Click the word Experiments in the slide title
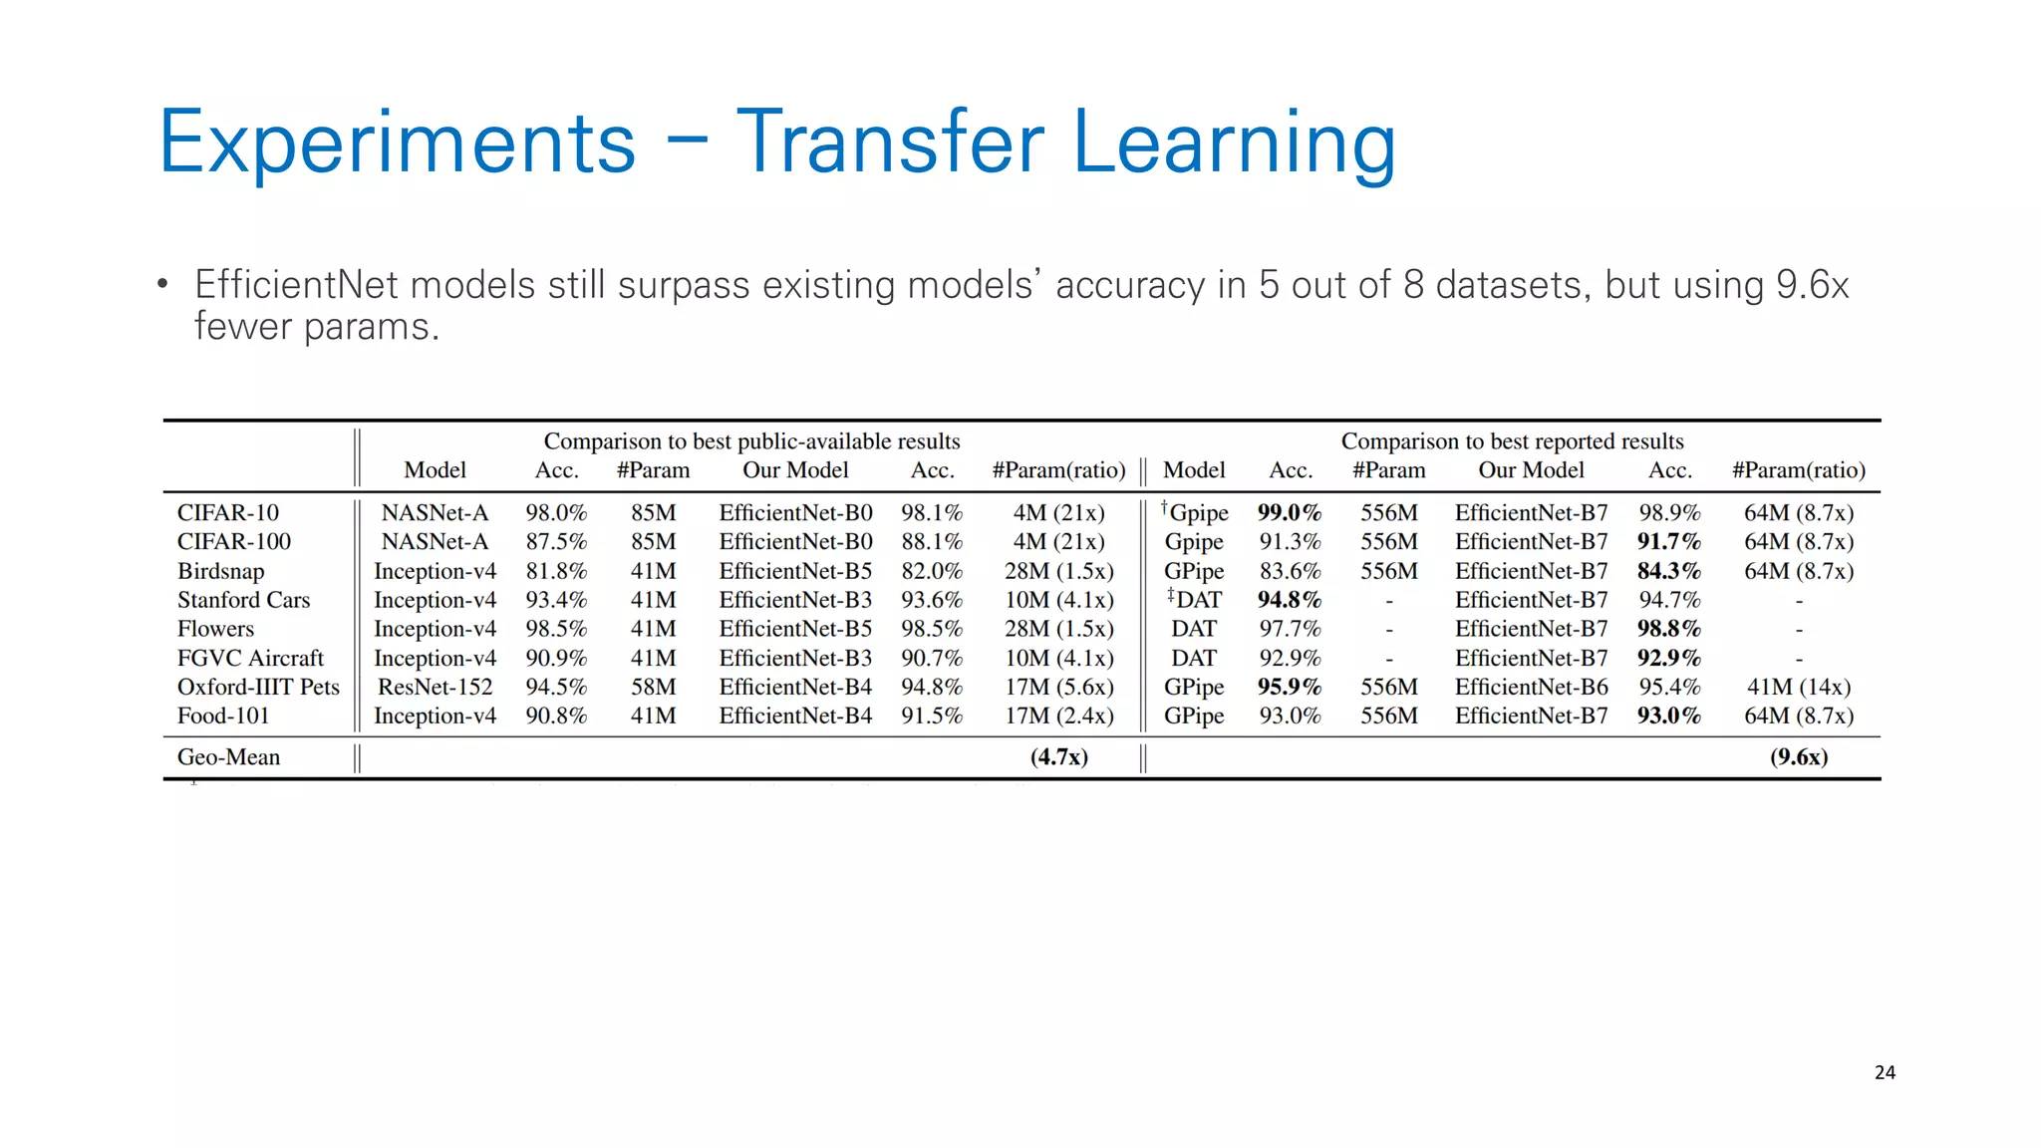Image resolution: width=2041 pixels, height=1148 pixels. coord(397,143)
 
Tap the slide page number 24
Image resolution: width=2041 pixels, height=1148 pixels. coord(1885,1072)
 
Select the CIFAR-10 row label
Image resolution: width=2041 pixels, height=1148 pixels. coord(228,512)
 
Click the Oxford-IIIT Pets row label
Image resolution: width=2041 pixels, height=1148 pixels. coord(258,687)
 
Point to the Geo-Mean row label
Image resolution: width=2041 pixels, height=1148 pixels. coord(228,756)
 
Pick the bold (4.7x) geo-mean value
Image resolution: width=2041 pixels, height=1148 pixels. coord(1058,756)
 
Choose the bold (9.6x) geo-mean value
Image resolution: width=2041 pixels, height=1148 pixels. coord(1798,756)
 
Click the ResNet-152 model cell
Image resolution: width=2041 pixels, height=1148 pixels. coord(435,687)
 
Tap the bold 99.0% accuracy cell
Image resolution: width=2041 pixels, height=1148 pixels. coord(1289,512)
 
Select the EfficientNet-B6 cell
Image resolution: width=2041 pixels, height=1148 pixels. coord(1531,687)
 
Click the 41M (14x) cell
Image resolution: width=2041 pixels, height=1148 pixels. coord(1798,687)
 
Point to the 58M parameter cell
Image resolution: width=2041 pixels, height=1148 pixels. coord(653,687)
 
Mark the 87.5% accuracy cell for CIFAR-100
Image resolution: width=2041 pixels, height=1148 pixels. coord(556,541)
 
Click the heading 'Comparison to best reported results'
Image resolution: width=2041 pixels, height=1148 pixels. coord(1512,440)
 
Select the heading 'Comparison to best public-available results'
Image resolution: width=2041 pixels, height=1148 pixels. coord(751,440)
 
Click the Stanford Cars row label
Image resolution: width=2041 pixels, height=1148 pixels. coord(243,600)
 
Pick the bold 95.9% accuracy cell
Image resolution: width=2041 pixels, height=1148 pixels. coord(1289,687)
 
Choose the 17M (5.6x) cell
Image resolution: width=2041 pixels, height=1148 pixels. coord(1058,687)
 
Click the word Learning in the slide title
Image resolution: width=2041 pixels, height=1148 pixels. coord(1234,143)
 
